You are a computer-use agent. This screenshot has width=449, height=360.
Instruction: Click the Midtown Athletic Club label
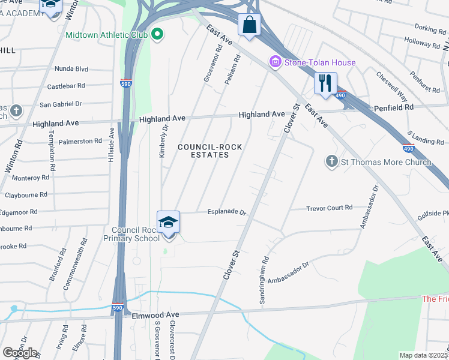click(x=107, y=35)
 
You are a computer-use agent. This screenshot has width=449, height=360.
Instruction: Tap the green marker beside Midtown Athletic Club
click(x=158, y=34)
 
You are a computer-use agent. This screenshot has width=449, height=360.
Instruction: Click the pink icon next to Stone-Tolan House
click(x=276, y=62)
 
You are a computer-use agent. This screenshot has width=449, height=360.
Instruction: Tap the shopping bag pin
click(x=249, y=26)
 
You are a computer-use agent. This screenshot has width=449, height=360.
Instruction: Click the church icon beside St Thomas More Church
click(x=331, y=162)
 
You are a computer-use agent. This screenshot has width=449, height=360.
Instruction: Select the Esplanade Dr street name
click(x=227, y=212)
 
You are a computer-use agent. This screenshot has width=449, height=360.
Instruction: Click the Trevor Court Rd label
click(x=329, y=208)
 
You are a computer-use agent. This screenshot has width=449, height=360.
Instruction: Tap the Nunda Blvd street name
click(x=71, y=68)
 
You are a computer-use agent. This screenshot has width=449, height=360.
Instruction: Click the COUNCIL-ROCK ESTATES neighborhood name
click(x=203, y=151)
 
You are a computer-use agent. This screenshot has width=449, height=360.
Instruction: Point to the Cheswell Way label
click(x=391, y=87)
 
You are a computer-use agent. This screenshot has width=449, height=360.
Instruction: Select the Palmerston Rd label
click(x=80, y=141)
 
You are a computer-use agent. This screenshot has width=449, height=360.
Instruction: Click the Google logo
click(x=20, y=352)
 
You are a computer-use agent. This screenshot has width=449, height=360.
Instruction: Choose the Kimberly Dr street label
click(x=162, y=142)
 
